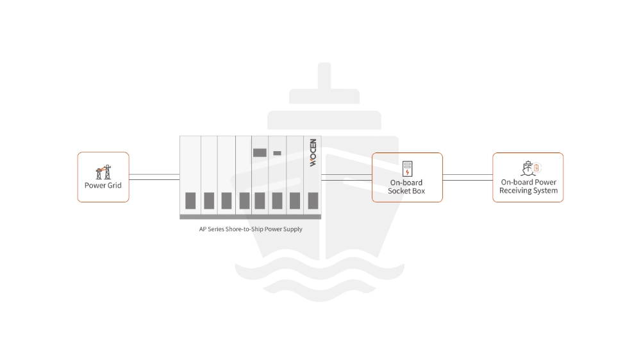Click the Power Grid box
point(103,177)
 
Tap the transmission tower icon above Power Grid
point(103,172)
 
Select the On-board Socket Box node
point(407,177)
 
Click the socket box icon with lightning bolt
point(407,168)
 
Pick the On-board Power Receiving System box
point(528,177)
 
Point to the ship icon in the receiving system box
point(528,168)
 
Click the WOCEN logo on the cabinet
point(313,153)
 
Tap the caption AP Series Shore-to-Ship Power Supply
point(251,229)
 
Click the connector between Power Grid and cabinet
point(154,177)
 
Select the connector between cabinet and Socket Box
point(346,177)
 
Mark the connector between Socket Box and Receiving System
point(468,177)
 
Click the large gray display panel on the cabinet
point(260,153)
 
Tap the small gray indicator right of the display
point(277,153)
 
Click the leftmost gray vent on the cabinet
point(190,200)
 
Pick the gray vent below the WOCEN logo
point(313,200)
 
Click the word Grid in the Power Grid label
point(113,185)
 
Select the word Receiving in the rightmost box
point(514,191)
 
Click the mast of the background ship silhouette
point(324,76)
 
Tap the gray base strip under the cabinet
point(251,217)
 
